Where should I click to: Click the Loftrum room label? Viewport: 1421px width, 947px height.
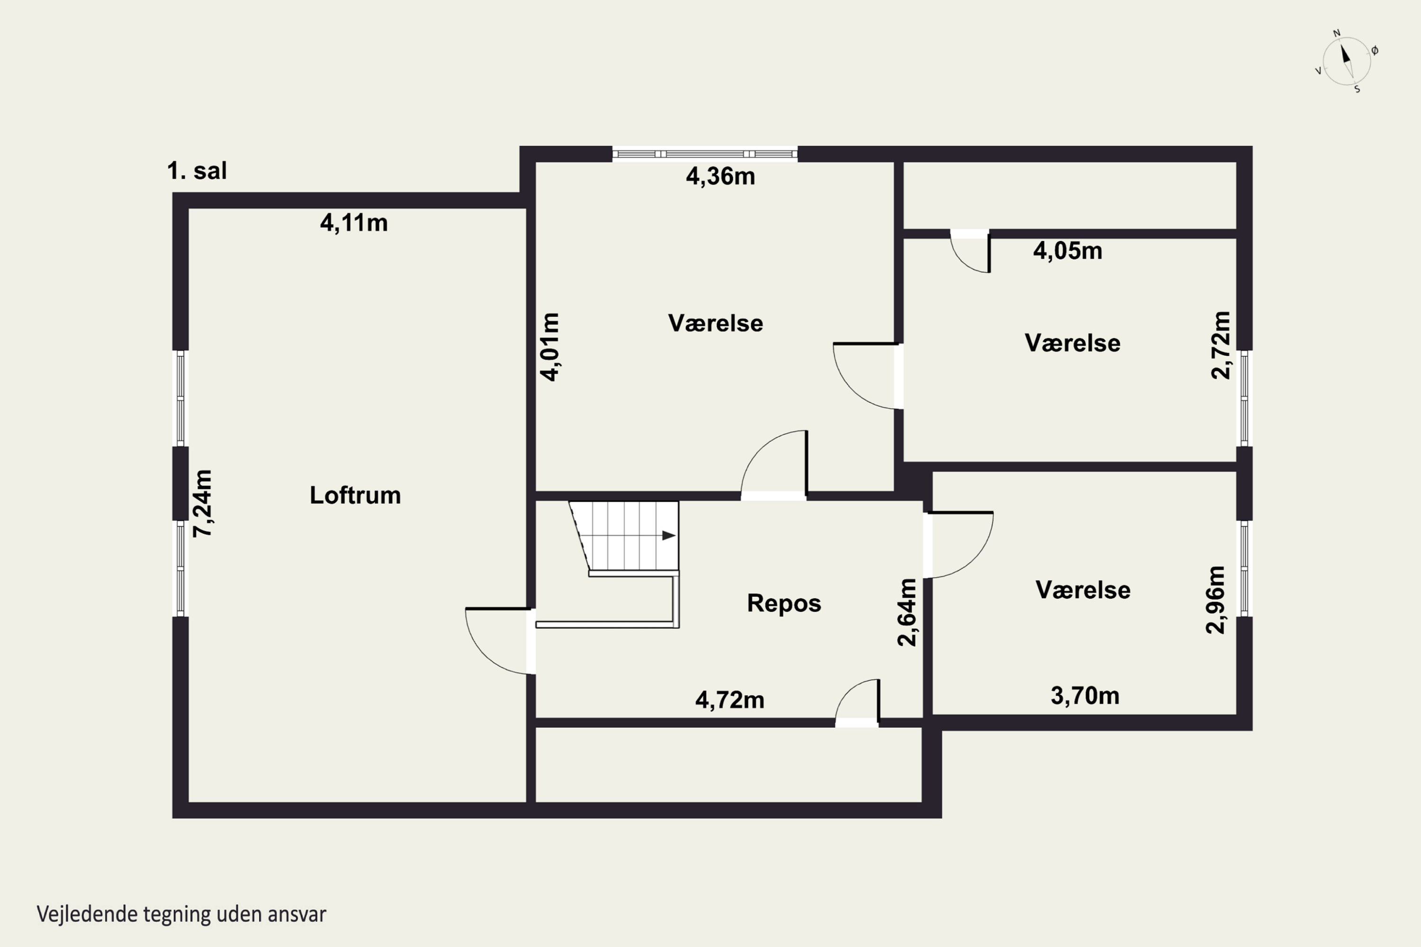(355, 495)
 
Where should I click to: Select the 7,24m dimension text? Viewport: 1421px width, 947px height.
(202, 503)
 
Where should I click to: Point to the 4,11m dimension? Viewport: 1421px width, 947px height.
(353, 223)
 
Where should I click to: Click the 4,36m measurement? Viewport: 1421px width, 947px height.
(720, 176)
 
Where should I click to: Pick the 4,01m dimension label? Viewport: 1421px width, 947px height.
(550, 347)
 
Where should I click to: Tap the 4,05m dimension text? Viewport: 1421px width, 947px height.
(1068, 250)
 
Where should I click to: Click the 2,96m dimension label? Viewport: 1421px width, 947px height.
(1215, 600)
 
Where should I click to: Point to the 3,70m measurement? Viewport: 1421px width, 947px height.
(1085, 696)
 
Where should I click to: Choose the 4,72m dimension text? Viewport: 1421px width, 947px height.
(730, 700)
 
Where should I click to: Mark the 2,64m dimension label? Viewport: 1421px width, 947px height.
(908, 612)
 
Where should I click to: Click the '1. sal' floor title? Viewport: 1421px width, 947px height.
(197, 171)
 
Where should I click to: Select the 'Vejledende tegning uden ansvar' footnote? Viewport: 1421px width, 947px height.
(181, 914)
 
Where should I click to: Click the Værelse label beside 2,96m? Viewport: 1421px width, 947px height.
(1083, 590)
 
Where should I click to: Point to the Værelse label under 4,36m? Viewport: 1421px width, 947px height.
(715, 323)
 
